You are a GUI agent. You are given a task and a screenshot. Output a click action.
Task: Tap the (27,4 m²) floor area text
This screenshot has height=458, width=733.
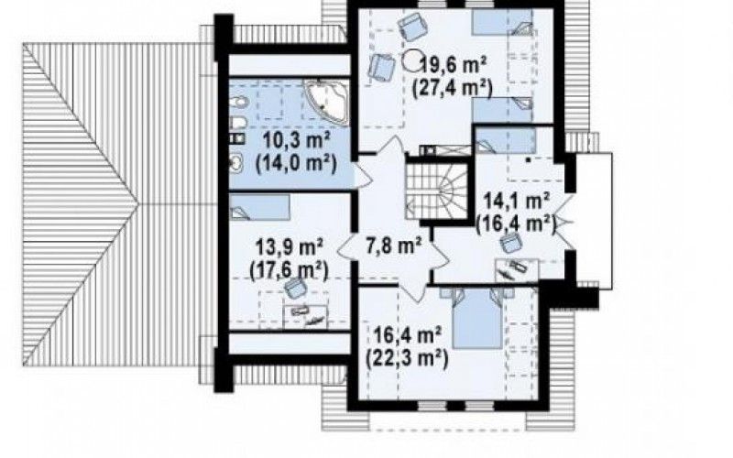[452, 88]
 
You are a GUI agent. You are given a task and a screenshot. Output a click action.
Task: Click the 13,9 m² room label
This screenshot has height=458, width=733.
[290, 246]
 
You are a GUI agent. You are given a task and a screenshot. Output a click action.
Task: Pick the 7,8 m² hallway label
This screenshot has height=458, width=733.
[394, 245]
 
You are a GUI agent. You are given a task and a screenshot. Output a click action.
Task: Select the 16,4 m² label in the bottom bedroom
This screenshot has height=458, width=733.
[408, 334]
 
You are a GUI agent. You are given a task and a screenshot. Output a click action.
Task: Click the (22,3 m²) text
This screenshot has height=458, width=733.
[408, 358]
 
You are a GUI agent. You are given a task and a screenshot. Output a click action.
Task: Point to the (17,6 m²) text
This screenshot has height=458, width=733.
[289, 269]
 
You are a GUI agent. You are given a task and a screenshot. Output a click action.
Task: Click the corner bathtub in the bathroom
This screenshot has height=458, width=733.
[327, 102]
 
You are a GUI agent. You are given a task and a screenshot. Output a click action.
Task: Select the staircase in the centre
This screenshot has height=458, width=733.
[437, 191]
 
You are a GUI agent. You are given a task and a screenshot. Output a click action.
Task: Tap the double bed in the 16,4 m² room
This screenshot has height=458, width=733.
[477, 318]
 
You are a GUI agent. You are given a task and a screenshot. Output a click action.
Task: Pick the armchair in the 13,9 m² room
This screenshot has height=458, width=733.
[295, 289]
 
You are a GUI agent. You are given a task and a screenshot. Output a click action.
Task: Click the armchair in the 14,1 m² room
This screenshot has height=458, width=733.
[511, 243]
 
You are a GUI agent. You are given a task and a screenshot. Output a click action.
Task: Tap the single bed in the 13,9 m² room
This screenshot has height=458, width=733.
[259, 207]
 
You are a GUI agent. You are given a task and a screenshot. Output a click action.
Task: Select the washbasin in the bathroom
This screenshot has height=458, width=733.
[236, 162]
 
